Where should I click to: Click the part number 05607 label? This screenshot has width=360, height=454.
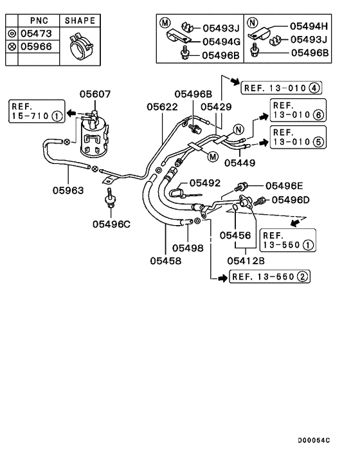[95, 95]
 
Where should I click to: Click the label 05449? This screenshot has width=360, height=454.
[243, 164]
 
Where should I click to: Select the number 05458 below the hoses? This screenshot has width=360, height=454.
[166, 260]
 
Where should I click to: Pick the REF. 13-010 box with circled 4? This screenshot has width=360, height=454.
[282, 87]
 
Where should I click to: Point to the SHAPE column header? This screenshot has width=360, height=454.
[80, 21]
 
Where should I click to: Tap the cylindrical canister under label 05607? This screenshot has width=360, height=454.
[95, 138]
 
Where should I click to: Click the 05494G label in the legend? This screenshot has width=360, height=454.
[221, 41]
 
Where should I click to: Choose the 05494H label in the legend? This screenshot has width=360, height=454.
[309, 26]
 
